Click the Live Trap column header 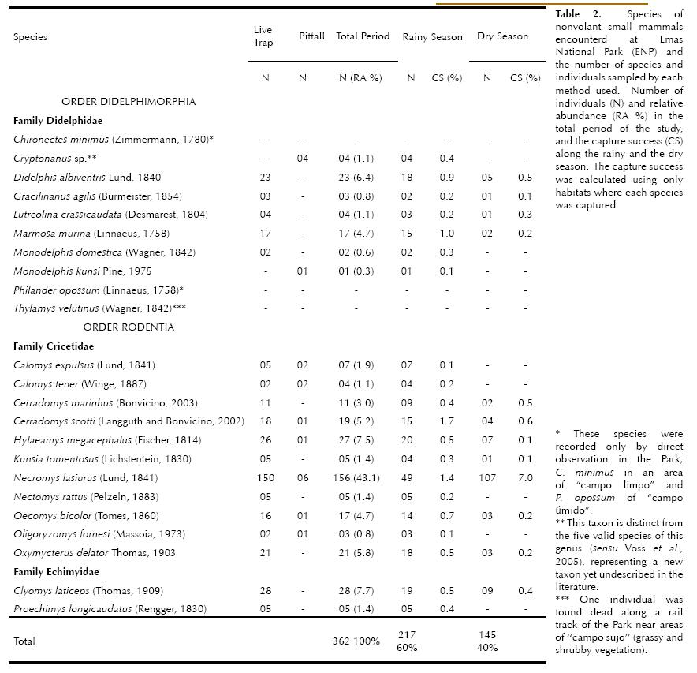point(263,36)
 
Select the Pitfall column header point(311,36)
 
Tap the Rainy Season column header point(432,37)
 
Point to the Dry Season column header point(502,36)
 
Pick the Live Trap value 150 point(266,478)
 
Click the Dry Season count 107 point(489,478)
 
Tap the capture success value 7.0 point(526,478)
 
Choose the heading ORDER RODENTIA point(129,327)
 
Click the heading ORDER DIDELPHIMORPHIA point(129,102)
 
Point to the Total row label point(24,641)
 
